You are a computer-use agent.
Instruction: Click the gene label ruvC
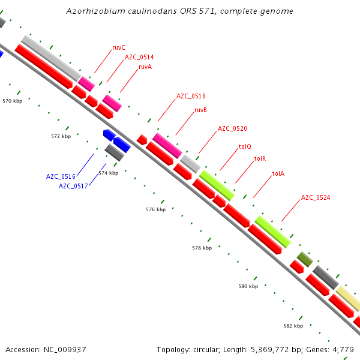(x=119, y=47)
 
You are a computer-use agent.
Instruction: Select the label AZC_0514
(x=139, y=58)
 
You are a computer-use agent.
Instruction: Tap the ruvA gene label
(x=145, y=67)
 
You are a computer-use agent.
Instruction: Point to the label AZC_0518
(x=191, y=96)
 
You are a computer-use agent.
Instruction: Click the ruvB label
(x=200, y=110)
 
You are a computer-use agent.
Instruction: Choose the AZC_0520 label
(x=232, y=128)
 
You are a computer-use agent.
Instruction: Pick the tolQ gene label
(x=245, y=146)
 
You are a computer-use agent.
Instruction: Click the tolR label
(x=260, y=159)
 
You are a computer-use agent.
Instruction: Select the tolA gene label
(x=278, y=174)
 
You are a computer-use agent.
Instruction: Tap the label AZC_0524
(x=316, y=197)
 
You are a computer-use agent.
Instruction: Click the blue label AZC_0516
(x=61, y=176)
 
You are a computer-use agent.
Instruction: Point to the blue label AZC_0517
(x=73, y=186)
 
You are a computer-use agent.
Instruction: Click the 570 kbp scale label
(x=12, y=101)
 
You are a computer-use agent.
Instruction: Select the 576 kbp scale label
(x=155, y=209)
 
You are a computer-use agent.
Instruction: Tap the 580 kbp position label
(x=248, y=286)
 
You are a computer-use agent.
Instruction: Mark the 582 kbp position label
(x=293, y=326)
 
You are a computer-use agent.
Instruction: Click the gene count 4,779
(x=343, y=349)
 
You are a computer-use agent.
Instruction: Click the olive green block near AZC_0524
(x=305, y=260)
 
